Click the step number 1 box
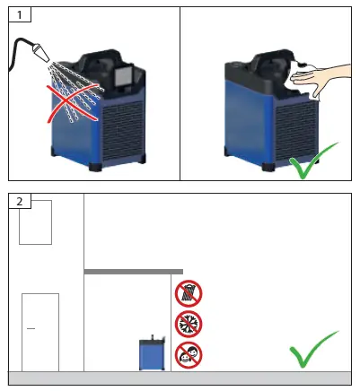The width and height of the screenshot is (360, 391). pos(18,16)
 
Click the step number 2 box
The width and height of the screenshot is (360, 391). pos(18,200)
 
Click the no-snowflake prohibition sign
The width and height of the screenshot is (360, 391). pos(189,324)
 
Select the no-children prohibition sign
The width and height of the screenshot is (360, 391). pos(189,354)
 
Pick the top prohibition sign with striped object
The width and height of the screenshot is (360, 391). pos(189,293)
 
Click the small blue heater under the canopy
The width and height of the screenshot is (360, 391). pos(152,353)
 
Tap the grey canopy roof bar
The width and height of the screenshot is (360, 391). pos(133,271)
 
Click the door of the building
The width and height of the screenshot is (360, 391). pos(40,331)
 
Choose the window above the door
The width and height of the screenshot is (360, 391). pos(35,222)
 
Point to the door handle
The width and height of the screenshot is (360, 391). pos(31,329)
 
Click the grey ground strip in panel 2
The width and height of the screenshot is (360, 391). pos(180,377)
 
